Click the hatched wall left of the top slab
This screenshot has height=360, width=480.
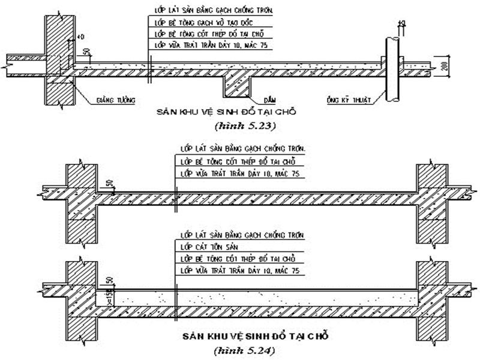59,60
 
